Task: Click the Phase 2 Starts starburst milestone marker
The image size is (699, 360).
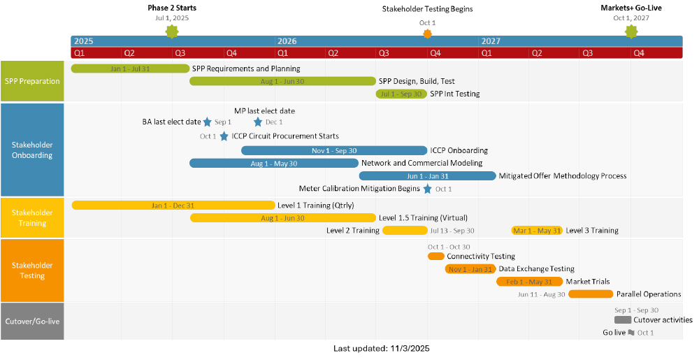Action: point(172,31)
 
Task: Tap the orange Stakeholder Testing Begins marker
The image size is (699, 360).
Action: point(428,34)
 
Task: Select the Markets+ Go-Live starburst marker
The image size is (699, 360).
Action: point(631,31)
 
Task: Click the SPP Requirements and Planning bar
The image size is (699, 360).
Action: point(130,69)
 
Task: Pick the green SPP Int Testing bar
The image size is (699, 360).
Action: point(401,94)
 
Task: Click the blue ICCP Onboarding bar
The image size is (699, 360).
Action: point(334,150)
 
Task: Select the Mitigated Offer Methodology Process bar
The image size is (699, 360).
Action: point(427,176)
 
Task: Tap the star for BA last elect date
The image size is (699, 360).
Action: point(207,122)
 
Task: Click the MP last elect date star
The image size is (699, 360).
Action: point(258,122)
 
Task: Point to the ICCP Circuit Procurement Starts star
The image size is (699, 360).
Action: point(224,136)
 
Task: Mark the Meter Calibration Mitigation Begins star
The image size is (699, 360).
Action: point(427,189)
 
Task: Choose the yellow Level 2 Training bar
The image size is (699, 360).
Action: point(404,231)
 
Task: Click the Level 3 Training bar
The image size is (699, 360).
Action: point(537,231)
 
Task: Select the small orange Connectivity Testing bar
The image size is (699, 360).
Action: point(436,257)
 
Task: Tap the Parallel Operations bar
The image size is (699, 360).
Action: point(591,294)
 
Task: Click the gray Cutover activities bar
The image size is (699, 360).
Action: point(623,320)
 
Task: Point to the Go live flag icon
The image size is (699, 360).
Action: point(631,333)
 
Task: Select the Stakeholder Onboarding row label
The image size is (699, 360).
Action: point(32,150)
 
